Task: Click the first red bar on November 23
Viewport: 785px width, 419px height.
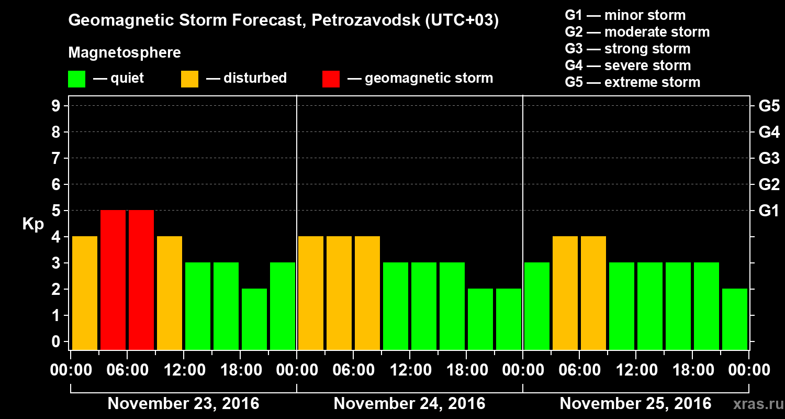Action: point(113,280)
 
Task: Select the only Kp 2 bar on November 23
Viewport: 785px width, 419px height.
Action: point(254,319)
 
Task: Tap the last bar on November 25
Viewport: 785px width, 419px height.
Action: point(735,319)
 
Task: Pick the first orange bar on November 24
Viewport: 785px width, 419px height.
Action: point(311,293)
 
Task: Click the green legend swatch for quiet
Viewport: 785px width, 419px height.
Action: point(76,79)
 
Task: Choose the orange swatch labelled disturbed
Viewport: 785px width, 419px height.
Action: point(189,79)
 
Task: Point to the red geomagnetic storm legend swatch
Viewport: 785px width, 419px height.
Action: point(331,79)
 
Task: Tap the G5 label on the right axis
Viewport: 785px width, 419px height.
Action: point(769,106)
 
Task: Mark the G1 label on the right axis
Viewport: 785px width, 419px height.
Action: point(769,211)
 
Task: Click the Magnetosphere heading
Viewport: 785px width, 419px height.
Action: point(125,53)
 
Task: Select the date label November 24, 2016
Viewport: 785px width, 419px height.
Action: point(409,404)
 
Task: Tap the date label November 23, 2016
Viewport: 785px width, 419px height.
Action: point(183,404)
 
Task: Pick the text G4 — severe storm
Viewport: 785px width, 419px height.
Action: point(628,65)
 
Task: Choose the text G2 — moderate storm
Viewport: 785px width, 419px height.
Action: point(637,32)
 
